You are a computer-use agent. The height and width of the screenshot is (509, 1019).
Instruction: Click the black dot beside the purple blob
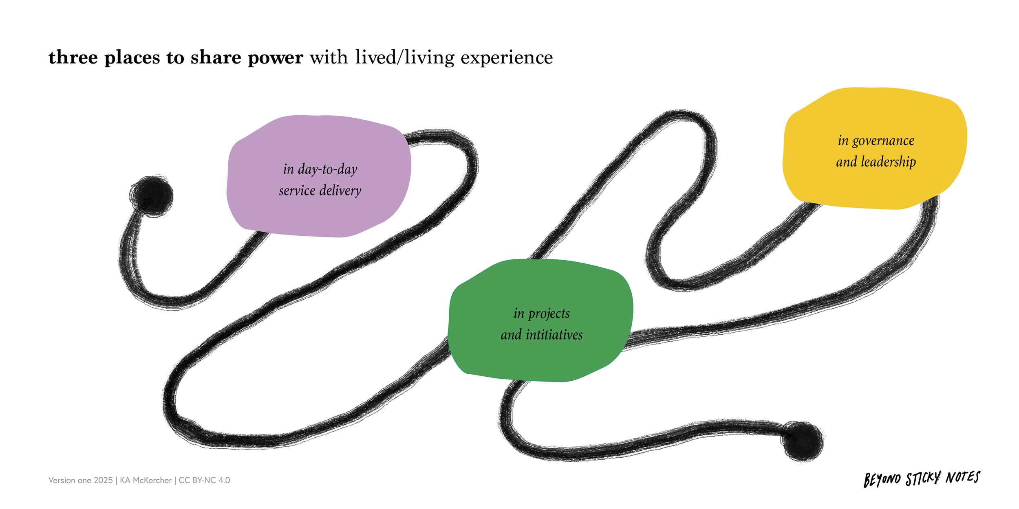[x=152, y=196]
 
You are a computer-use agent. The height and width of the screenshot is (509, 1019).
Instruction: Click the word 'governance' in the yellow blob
[x=883, y=141]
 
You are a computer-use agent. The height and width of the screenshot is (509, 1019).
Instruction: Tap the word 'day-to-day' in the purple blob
[x=327, y=169]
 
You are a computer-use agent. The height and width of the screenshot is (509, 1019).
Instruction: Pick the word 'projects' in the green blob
[x=549, y=314]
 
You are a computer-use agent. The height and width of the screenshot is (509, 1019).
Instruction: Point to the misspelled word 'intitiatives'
[x=554, y=335]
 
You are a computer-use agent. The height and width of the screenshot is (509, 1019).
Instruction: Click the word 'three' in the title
[x=73, y=57]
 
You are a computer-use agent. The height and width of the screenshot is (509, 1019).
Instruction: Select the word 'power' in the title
[x=276, y=57]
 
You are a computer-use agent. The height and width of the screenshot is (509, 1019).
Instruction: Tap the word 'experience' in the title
[x=507, y=57]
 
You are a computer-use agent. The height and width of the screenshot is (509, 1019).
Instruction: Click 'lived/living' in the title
[x=404, y=57]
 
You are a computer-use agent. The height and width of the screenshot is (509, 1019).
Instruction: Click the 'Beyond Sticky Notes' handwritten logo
[x=922, y=479]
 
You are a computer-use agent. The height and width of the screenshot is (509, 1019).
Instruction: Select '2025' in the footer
[x=103, y=480]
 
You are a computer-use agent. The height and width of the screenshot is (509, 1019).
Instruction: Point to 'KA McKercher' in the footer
[x=146, y=480]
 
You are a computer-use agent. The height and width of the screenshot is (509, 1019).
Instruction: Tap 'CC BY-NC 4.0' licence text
[x=204, y=480]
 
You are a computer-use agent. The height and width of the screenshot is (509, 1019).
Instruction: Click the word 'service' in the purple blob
[x=297, y=191]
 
